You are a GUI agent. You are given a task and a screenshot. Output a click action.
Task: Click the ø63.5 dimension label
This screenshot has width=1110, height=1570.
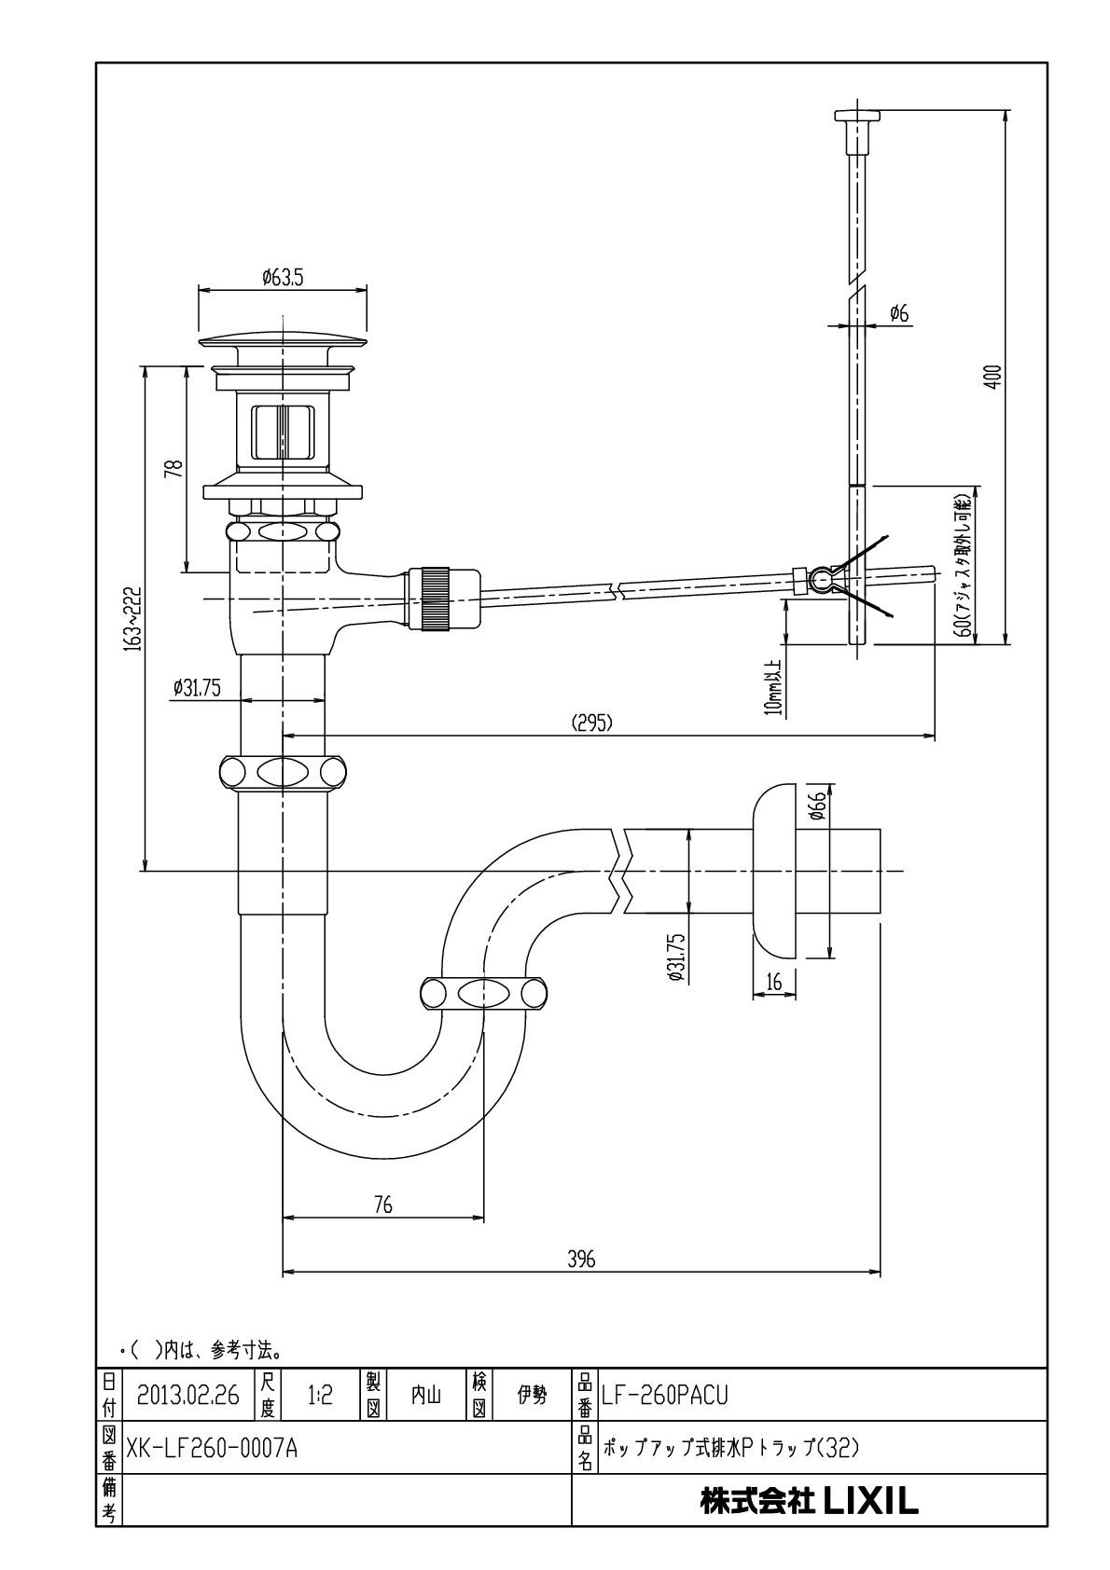click(283, 278)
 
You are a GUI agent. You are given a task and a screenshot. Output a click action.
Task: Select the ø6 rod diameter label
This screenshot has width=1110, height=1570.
click(899, 313)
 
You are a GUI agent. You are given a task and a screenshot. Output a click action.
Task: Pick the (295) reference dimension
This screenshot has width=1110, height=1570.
click(592, 723)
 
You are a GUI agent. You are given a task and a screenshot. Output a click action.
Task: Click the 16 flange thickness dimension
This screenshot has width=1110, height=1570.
click(773, 982)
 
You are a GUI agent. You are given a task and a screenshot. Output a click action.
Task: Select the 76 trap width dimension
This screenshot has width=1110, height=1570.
click(382, 1205)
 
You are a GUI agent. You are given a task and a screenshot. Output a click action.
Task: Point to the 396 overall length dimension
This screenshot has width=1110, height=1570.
click(581, 1260)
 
